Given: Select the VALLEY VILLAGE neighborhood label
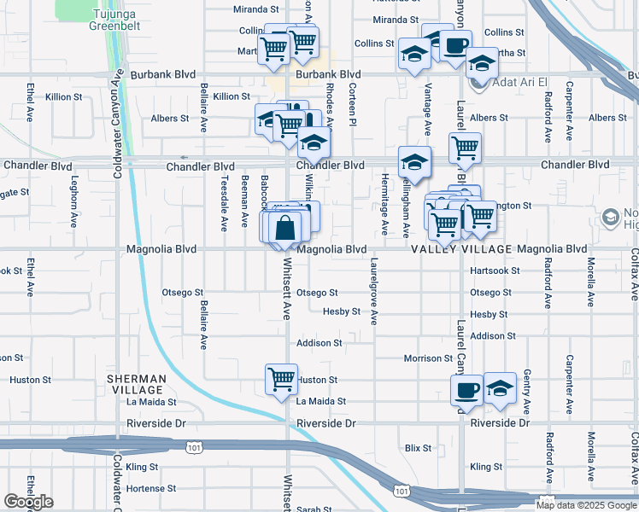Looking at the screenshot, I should coord(461,249).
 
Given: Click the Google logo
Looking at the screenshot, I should coord(28,502).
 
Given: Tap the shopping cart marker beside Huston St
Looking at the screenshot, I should coord(281,378).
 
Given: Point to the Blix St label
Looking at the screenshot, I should coord(419,447).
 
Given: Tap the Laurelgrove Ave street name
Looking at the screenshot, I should coord(374,293).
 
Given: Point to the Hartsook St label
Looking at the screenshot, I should coord(495,271).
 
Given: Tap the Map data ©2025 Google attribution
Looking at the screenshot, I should coord(584,505).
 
